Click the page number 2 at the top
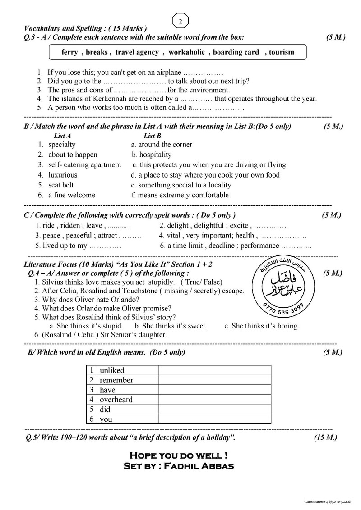(180, 22)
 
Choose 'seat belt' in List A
(61, 185)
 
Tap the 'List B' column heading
(153, 136)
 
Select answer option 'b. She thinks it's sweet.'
(171, 326)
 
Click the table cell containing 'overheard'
(116, 400)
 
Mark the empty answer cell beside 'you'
(214, 419)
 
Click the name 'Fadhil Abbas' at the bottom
(202, 466)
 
